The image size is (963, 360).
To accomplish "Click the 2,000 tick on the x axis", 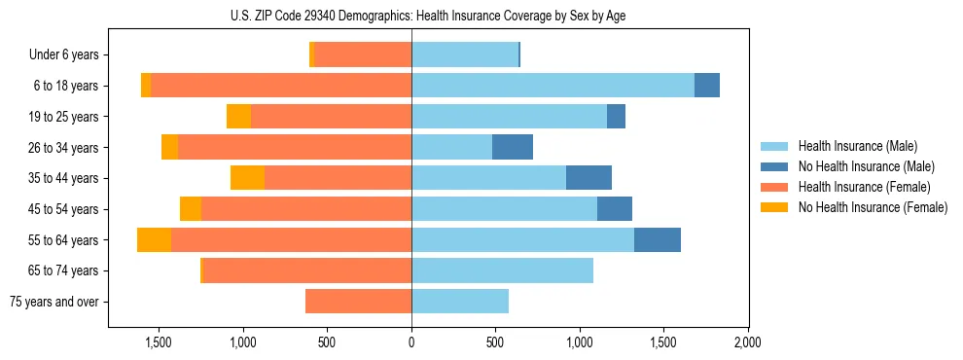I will (747, 342).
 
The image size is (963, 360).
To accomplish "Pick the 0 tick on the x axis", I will (411, 342).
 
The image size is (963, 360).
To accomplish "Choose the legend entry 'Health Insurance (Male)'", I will (858, 146).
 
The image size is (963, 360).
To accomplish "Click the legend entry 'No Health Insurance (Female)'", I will (873, 207).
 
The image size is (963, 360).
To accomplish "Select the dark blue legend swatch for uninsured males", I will (775, 166).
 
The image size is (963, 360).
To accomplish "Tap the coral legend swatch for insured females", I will (775, 187).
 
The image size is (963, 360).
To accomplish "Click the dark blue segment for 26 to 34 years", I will (513, 147).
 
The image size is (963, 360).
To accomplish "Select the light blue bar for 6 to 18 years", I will (553, 86).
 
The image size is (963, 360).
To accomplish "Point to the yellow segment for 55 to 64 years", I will (154, 239).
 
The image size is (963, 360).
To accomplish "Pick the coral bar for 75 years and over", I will (358, 302).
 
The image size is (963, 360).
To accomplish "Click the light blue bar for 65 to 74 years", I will (502, 270).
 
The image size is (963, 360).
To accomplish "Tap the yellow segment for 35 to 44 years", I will (247, 178).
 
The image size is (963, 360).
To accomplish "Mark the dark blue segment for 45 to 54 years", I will (615, 209).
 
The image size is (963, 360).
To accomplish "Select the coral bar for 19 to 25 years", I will (331, 117).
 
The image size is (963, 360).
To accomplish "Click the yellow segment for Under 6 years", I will (312, 55).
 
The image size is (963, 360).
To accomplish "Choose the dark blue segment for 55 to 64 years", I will (658, 239).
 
